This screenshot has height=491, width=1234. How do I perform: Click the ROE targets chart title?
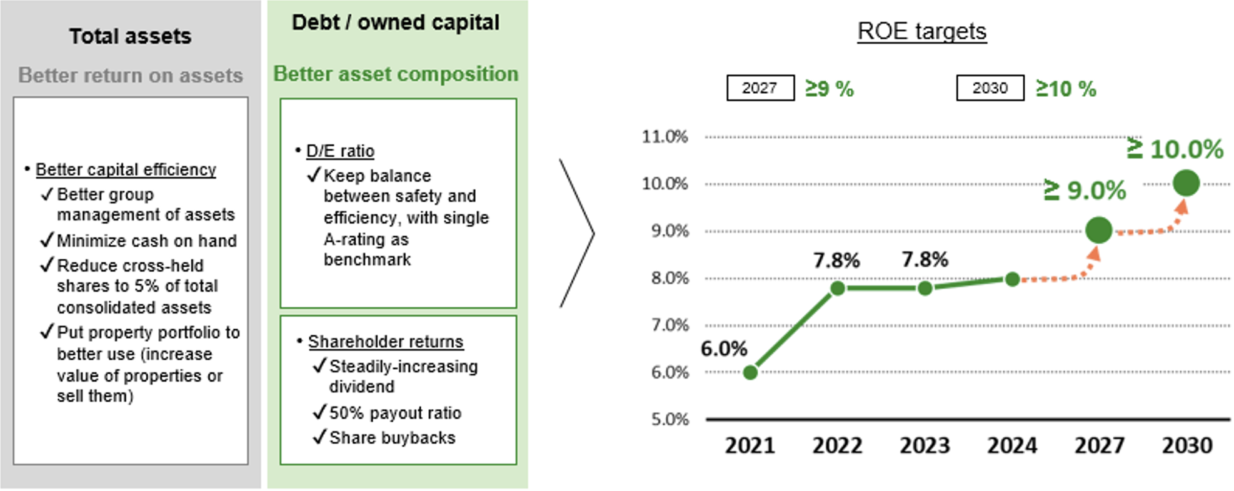pos(921,31)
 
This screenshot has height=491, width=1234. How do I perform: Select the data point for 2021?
pos(750,372)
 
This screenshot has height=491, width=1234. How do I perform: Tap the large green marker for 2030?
pos(1186,184)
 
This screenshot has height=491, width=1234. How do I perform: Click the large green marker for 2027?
pos(1099,231)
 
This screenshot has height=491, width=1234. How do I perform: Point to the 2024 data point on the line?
pos(1012,280)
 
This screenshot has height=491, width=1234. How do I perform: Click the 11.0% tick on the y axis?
pos(665,137)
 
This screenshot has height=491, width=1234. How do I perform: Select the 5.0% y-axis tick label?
pos(670,419)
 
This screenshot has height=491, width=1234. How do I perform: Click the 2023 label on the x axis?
pos(925,446)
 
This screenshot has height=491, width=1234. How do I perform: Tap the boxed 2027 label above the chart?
pos(760,88)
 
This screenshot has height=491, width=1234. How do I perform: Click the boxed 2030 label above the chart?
pos(990,88)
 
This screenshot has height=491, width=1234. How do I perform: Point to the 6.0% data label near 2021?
pos(724,349)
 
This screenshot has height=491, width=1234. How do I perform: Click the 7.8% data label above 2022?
pos(836,260)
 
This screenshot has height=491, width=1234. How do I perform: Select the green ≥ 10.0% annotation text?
pos(1175,149)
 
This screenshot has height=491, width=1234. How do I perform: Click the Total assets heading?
pos(130,36)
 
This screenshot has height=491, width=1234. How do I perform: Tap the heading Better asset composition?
pos(396,74)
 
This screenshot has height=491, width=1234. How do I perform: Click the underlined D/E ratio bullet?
pos(340,151)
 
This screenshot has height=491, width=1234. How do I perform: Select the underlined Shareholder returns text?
pos(386,342)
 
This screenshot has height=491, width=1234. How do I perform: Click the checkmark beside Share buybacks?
pos(319,437)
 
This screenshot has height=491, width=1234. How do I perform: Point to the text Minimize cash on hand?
pos(147,241)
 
